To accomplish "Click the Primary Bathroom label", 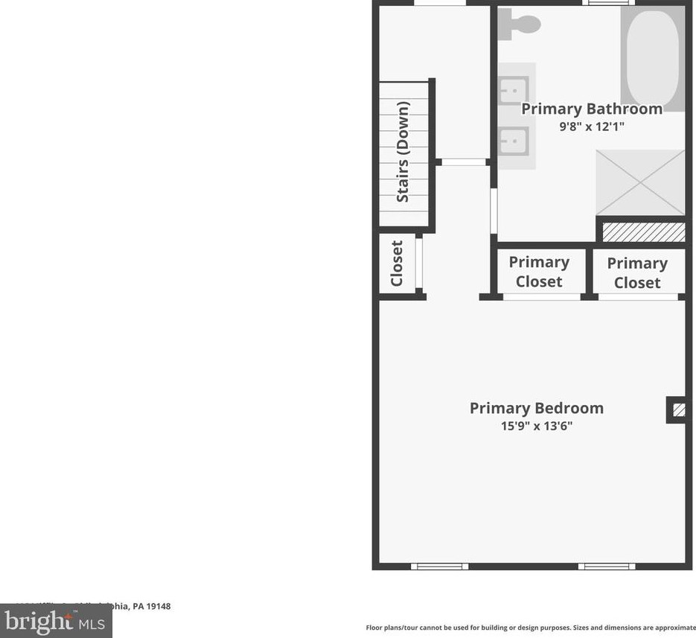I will tap(591, 109).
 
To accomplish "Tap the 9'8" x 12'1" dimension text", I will tap(592, 127).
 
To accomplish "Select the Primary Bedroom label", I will tap(536, 408).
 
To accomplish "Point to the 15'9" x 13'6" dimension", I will tap(536, 427).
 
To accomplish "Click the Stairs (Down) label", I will tap(403, 152).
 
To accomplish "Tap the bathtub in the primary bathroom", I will tap(652, 60).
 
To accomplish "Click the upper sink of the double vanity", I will tap(514, 92).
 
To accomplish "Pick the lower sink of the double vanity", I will tap(514, 139).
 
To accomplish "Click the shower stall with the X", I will tap(640, 182).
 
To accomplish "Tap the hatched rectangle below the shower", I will tap(643, 232).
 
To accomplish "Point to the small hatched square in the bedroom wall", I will tap(678, 409).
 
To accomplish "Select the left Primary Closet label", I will tap(539, 272).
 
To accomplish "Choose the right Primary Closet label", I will tap(637, 272).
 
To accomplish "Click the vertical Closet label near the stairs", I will tap(397, 263).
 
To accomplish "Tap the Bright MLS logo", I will tap(56, 620).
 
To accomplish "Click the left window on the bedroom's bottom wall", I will tap(439, 567).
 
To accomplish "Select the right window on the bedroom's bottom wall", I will tap(607, 567).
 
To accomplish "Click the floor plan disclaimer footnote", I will tap(530, 628).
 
